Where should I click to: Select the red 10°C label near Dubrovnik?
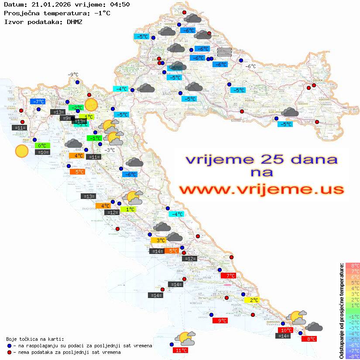click(x=285, y=330)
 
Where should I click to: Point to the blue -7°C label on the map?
click(x=38, y=102)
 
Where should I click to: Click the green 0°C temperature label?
click(x=42, y=146)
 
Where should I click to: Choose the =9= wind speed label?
click(x=65, y=118)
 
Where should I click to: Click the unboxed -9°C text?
click(x=73, y=75)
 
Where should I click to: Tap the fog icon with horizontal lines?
click(x=224, y=52)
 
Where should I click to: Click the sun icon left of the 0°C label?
click(x=21, y=151)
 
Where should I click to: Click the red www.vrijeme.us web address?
click(x=261, y=190)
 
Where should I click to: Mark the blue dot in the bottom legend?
click(x=9, y=346)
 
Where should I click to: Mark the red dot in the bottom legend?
click(x=9, y=352)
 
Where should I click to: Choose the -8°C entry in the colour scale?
click(x=353, y=356)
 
